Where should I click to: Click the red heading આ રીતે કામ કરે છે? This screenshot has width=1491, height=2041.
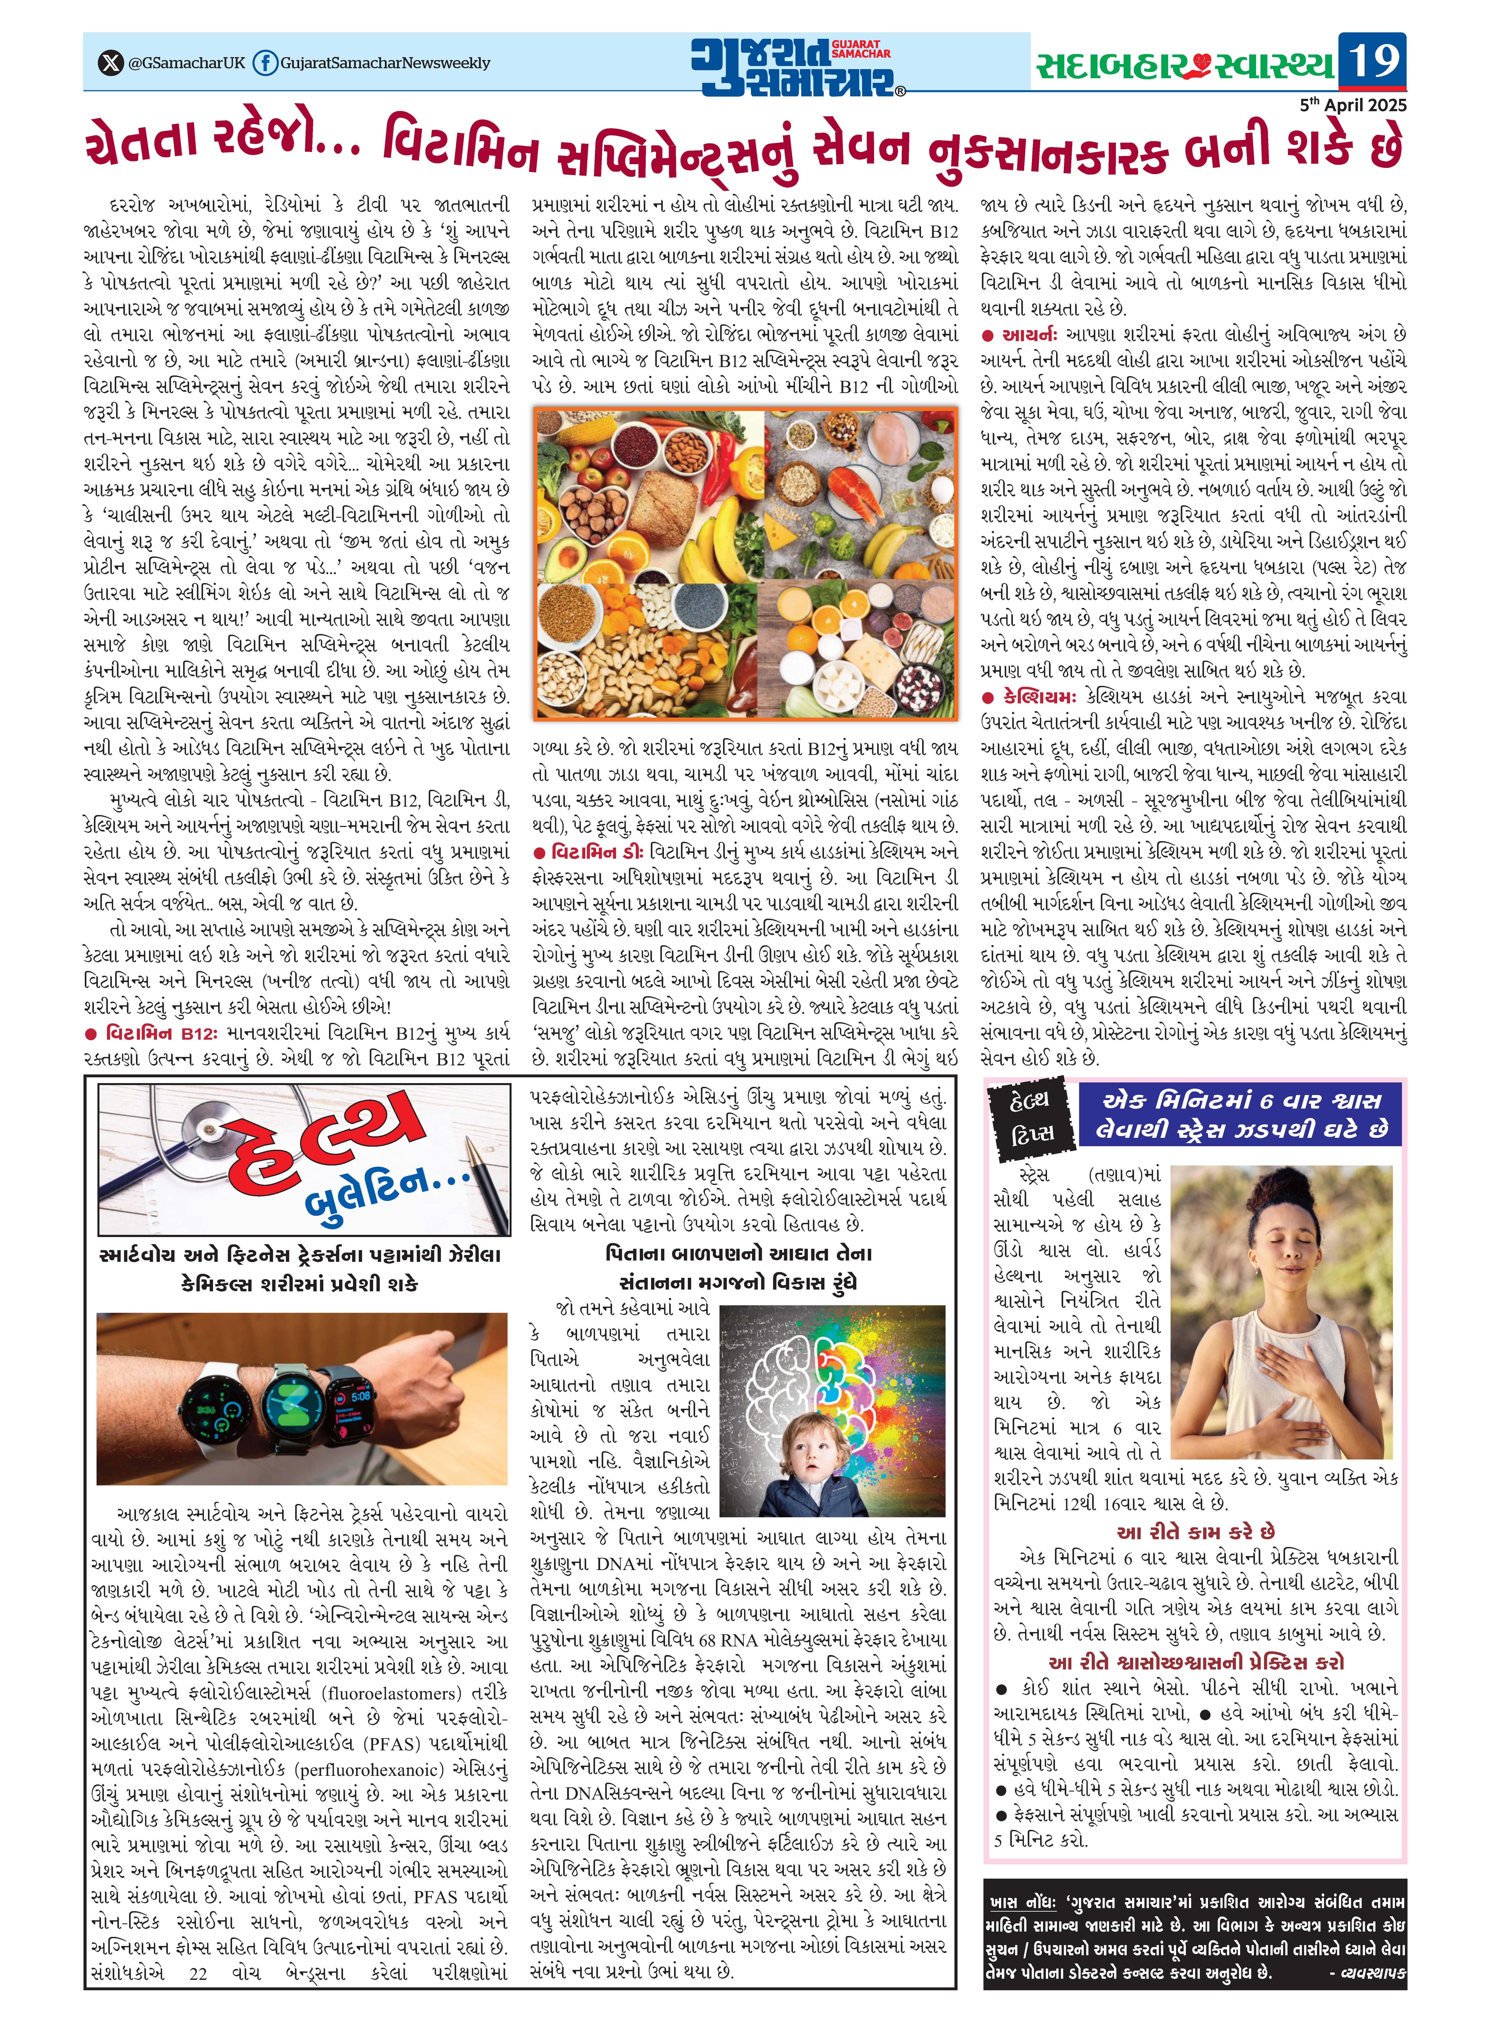[1195, 1532]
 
